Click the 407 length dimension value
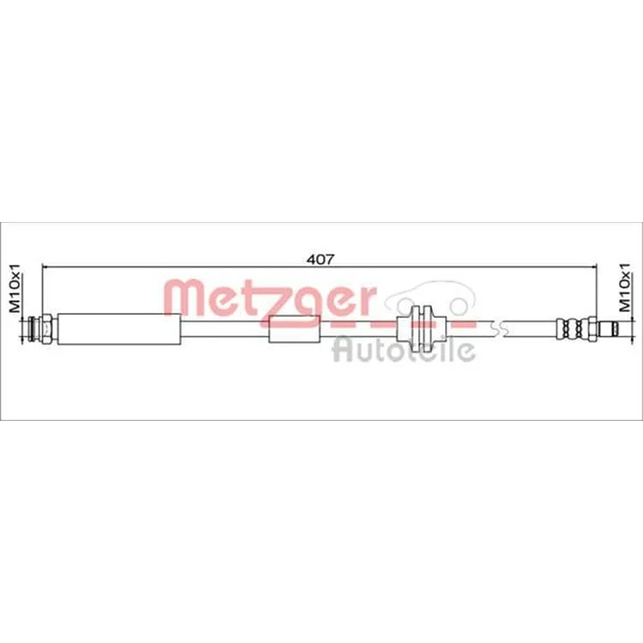321,259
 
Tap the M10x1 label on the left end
15,288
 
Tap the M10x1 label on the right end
624,287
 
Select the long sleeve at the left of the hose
119,329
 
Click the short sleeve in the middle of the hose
294,329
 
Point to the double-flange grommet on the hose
422,329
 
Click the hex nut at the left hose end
47,329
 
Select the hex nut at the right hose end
592,329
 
